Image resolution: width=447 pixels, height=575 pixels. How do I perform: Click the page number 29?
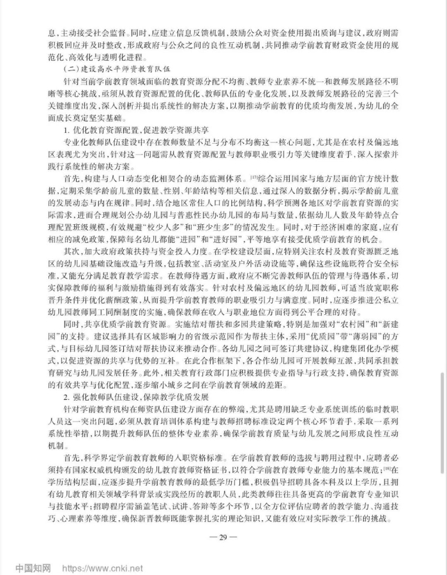pyautogui.click(x=223, y=536)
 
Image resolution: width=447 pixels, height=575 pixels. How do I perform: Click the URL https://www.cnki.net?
pyautogui.click(x=102, y=567)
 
